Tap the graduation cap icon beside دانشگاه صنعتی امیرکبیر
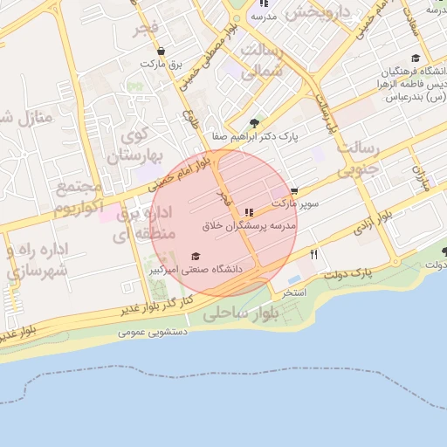tap(196, 256)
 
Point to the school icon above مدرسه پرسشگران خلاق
tap(250, 212)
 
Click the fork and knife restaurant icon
tap(314, 255)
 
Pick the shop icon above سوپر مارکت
tap(294, 190)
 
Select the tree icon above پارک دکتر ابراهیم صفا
tap(253, 123)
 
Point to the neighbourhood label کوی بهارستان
tap(136, 146)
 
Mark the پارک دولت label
tap(347, 274)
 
